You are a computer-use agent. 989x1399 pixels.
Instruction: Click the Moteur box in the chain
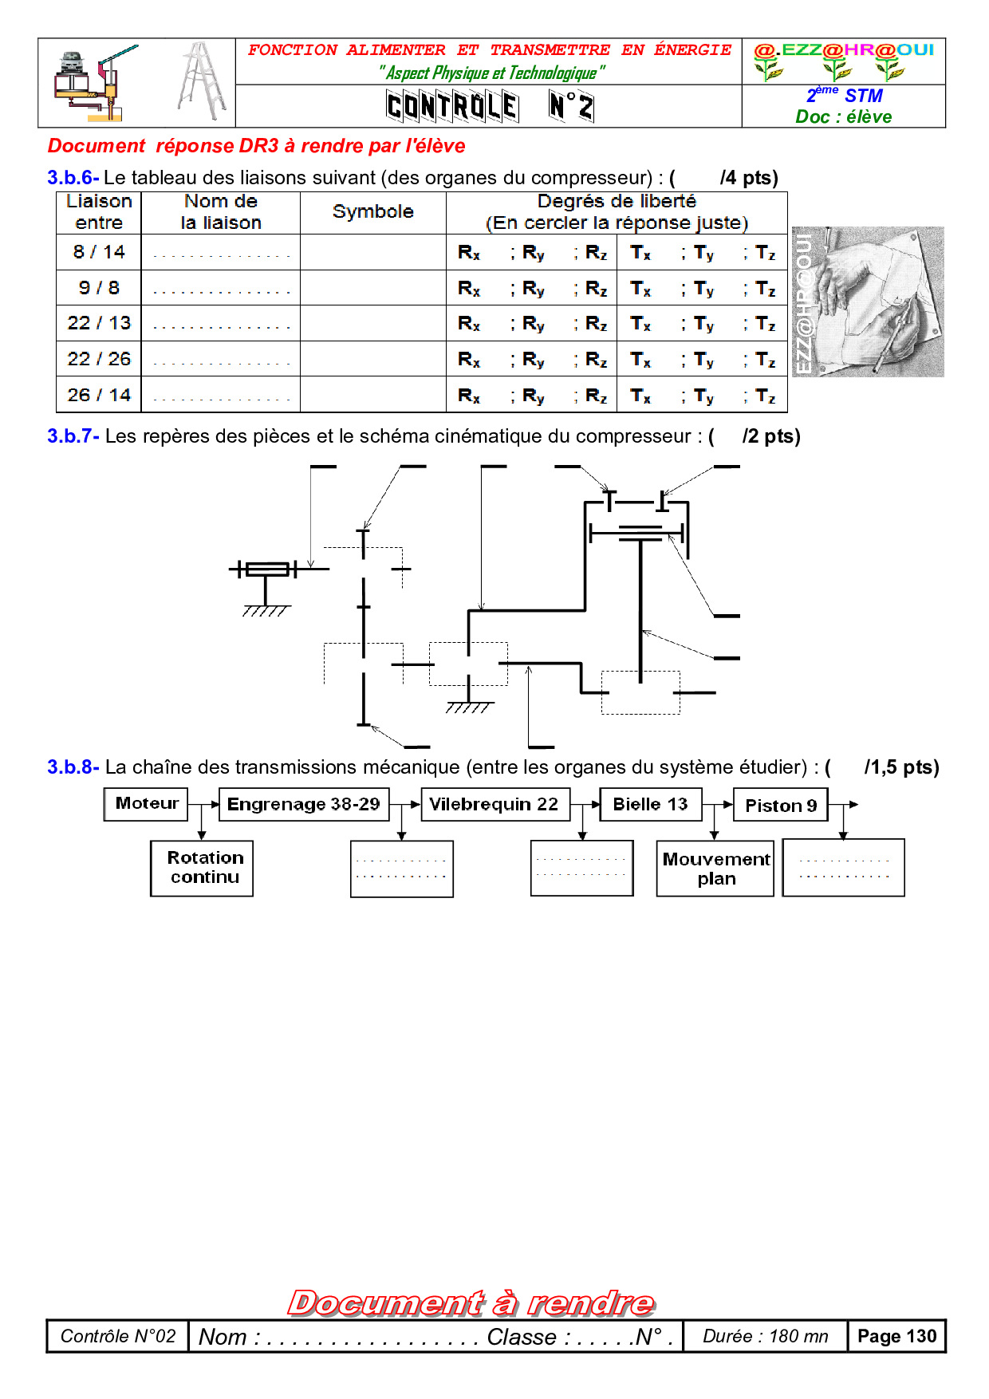[x=146, y=804]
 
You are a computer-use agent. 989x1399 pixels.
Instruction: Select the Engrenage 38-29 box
[x=304, y=804]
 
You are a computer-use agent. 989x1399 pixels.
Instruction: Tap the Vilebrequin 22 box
[x=494, y=804]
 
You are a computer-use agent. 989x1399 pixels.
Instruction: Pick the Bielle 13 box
[x=650, y=804]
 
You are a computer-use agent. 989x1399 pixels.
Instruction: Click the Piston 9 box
[x=781, y=805]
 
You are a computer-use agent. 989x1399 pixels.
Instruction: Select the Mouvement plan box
[x=715, y=869]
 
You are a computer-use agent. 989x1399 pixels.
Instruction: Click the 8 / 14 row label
[x=99, y=252]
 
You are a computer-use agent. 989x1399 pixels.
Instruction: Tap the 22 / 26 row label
[x=99, y=359]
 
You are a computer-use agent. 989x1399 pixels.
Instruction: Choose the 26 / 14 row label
[x=99, y=395]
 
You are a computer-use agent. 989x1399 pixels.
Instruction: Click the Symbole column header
[x=372, y=212]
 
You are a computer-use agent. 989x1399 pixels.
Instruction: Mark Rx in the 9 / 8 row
[x=469, y=289]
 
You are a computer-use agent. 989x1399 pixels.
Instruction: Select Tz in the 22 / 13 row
[x=765, y=324]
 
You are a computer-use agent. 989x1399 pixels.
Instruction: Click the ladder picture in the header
[x=202, y=81]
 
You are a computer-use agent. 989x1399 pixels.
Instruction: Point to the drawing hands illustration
[x=868, y=301]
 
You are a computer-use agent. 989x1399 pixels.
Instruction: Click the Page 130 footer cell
[x=896, y=1336]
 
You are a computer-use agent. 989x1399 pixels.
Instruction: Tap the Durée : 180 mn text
[x=765, y=1336]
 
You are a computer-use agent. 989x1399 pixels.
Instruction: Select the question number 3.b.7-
[x=73, y=436]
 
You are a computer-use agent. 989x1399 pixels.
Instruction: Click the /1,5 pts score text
[x=901, y=767]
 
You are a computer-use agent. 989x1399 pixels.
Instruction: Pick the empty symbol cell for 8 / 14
[x=372, y=252]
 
